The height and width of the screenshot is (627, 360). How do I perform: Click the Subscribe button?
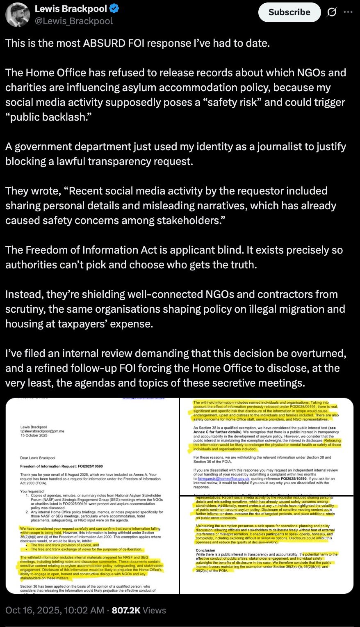point(289,12)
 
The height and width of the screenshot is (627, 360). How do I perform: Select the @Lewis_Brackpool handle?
point(73,21)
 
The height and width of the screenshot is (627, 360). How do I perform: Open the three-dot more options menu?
point(348,12)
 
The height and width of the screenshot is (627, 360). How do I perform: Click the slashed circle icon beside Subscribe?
point(331,13)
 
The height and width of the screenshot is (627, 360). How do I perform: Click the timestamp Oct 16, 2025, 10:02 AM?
point(55,610)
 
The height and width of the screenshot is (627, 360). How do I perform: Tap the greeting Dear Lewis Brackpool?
point(38,458)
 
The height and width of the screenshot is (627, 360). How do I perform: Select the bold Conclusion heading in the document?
point(206,550)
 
